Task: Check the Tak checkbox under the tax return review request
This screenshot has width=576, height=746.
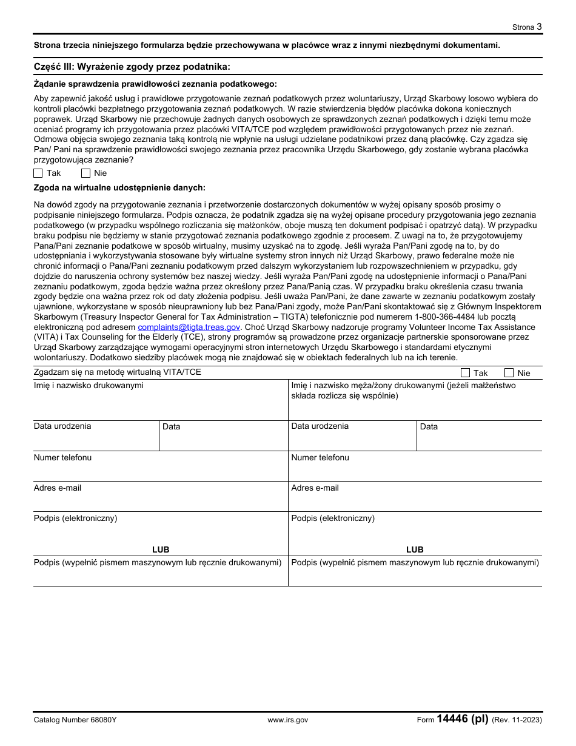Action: click(38, 173)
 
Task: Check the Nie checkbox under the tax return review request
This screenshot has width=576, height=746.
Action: click(85, 173)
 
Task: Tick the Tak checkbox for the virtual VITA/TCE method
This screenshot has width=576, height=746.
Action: click(465, 373)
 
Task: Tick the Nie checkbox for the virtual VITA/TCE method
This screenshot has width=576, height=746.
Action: click(509, 373)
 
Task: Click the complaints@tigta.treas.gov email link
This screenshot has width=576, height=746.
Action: click(189, 327)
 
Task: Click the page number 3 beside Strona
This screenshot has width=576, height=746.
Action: click(539, 27)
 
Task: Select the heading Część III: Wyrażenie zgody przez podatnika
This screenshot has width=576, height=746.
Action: click(132, 67)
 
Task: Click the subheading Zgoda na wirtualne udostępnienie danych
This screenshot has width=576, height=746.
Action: click(119, 188)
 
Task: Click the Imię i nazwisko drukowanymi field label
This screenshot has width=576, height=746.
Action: click(89, 385)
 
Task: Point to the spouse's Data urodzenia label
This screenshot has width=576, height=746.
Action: click(320, 426)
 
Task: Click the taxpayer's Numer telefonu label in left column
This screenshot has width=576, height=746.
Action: click(62, 457)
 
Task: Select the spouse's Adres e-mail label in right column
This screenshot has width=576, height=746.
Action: click(315, 488)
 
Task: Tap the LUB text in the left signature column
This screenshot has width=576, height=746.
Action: click(161, 549)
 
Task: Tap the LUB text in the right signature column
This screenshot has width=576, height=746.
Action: click(415, 549)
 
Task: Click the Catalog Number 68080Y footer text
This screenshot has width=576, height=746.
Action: click(75, 720)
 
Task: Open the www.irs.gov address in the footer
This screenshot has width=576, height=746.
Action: click(287, 720)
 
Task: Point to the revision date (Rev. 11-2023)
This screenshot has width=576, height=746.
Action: click(517, 720)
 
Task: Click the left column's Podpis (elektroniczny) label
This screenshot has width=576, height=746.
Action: click(75, 518)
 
